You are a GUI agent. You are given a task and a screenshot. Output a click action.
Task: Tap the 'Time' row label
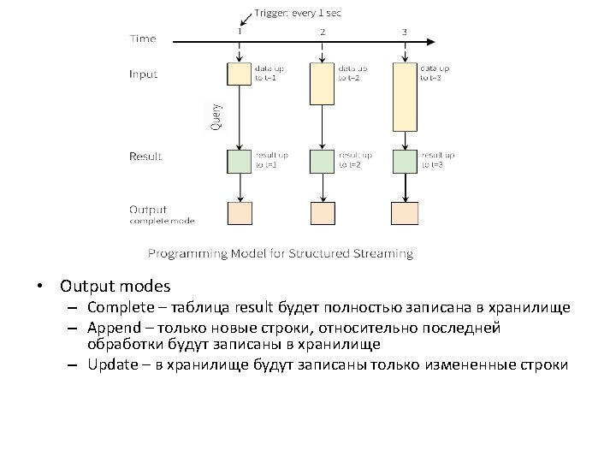click(143, 38)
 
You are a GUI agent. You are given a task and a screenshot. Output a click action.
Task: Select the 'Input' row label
click(144, 74)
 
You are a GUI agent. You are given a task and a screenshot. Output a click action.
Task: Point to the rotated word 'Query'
click(216, 117)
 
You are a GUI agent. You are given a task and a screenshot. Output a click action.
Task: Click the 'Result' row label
click(145, 157)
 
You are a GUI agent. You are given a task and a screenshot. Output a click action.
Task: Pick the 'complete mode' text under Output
click(162, 221)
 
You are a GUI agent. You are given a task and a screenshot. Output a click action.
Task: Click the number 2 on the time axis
click(323, 32)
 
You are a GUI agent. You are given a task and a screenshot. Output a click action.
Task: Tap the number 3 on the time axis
click(404, 32)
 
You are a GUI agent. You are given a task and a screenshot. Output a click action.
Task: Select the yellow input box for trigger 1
click(239, 74)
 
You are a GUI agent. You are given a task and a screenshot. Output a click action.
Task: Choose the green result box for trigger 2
click(322, 161)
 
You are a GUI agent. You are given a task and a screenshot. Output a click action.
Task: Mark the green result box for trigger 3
click(404, 161)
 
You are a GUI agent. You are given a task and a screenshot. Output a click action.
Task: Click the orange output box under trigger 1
click(239, 213)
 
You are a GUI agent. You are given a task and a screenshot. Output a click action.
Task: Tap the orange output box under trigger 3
click(404, 213)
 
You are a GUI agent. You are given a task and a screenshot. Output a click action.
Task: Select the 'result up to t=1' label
click(273, 160)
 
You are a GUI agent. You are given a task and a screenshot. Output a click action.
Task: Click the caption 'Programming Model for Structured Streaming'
click(280, 253)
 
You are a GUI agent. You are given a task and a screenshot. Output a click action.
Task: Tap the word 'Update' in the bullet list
click(111, 364)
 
